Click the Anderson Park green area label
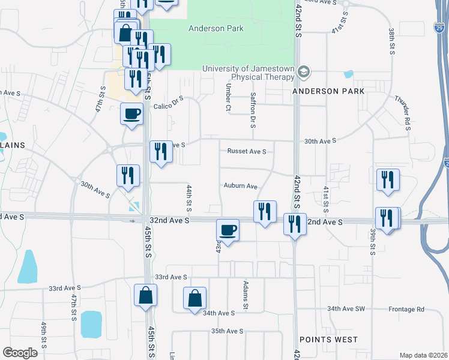click(216, 28)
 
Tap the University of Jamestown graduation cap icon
click(304, 72)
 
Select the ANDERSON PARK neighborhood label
click(328, 91)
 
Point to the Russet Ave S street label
click(246, 151)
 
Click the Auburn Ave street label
click(241, 186)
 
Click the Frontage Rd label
click(408, 309)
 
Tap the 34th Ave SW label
click(346, 309)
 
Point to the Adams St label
click(246, 294)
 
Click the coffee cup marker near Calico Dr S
click(132, 112)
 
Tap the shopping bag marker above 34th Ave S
click(195, 298)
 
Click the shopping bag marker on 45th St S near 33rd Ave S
click(145, 295)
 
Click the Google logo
click(20, 353)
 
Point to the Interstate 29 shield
click(440, 27)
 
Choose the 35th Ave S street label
click(227, 331)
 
